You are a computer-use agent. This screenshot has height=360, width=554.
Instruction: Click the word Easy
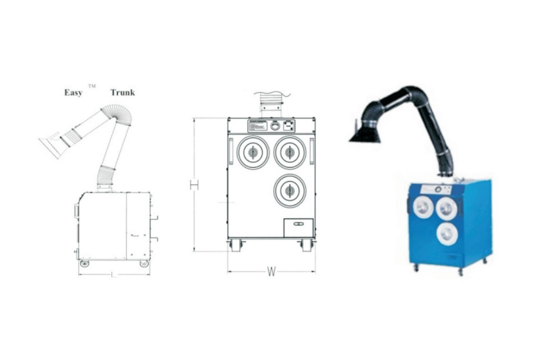click(x=73, y=92)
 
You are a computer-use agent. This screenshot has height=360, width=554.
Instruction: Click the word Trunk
click(x=122, y=92)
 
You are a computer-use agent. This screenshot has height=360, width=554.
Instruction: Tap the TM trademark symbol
click(x=92, y=86)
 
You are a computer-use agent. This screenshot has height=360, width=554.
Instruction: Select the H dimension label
click(x=194, y=184)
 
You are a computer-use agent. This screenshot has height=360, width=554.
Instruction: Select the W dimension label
click(x=271, y=271)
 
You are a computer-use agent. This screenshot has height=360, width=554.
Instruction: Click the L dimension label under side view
click(x=114, y=275)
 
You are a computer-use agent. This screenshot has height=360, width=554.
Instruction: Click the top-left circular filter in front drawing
click(x=253, y=152)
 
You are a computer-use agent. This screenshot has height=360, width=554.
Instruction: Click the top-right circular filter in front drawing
click(x=289, y=152)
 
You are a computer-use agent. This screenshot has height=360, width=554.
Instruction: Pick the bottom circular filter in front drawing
click(x=289, y=190)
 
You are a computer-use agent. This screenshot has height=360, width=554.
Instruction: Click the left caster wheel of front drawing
click(x=236, y=245)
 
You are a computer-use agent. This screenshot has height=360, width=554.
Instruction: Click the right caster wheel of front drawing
click(x=306, y=245)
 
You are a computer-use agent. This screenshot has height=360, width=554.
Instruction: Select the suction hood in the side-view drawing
click(x=53, y=145)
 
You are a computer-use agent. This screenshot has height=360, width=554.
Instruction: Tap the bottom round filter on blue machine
click(x=447, y=234)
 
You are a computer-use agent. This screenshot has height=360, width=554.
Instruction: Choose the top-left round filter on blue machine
click(x=423, y=207)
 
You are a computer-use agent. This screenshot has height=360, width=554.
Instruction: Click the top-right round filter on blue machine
click(x=447, y=208)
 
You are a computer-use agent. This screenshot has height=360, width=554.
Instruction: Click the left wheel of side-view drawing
click(x=84, y=264)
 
